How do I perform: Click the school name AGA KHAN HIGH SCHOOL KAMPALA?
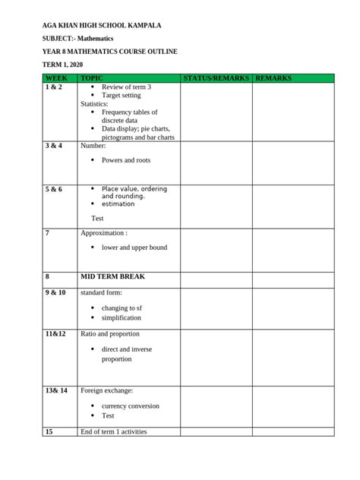click(x=102, y=25)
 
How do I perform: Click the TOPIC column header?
click(x=91, y=78)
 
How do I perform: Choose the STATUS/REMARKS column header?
click(x=216, y=78)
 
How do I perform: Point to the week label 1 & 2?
click(x=55, y=87)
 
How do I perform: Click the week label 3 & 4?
click(x=55, y=145)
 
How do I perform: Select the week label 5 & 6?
click(x=55, y=188)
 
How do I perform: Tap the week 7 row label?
click(x=47, y=232)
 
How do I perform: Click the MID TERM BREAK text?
click(x=112, y=277)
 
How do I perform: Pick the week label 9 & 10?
click(x=56, y=292)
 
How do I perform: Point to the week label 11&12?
click(x=56, y=334)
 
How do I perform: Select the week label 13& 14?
click(x=57, y=390)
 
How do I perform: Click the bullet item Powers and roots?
click(x=126, y=160)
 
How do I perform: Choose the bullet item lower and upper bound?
click(x=134, y=248)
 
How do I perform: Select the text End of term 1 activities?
click(x=113, y=431)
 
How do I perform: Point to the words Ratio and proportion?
click(x=109, y=334)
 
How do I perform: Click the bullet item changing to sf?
click(x=122, y=308)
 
